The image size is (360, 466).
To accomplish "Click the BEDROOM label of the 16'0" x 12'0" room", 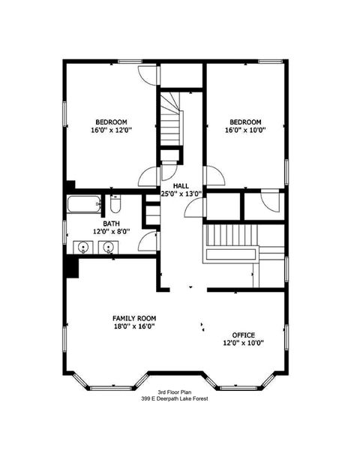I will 111,122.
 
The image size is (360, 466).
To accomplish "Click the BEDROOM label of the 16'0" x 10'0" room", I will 245,122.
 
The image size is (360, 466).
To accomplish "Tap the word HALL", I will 181,185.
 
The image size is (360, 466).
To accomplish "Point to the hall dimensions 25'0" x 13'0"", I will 181,194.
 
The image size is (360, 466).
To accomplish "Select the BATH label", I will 101,224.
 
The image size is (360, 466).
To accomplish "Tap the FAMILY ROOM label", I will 134,318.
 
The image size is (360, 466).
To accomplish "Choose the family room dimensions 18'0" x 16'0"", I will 134,326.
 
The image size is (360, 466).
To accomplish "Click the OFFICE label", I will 243,335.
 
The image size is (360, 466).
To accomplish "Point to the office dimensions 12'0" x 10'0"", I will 243,343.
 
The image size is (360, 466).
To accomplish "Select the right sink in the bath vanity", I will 109,247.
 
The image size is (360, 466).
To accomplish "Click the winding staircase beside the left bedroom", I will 170,124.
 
